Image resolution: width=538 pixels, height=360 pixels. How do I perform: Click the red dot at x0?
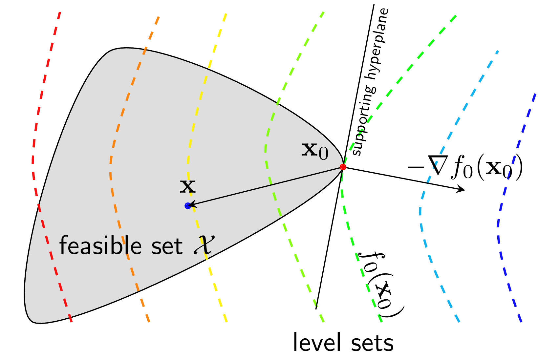[343, 167]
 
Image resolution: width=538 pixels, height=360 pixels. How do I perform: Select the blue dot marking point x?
[188, 206]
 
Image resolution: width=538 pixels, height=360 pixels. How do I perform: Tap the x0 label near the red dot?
[314, 151]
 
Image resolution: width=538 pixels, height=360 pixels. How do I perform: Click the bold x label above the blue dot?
[188, 187]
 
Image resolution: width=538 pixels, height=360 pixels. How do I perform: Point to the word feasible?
[100, 245]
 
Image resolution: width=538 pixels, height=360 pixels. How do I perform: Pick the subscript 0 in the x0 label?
[323, 154]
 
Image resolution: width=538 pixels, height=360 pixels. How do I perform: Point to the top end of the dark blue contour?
[535, 95]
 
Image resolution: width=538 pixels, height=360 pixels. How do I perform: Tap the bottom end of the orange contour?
[149, 321]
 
